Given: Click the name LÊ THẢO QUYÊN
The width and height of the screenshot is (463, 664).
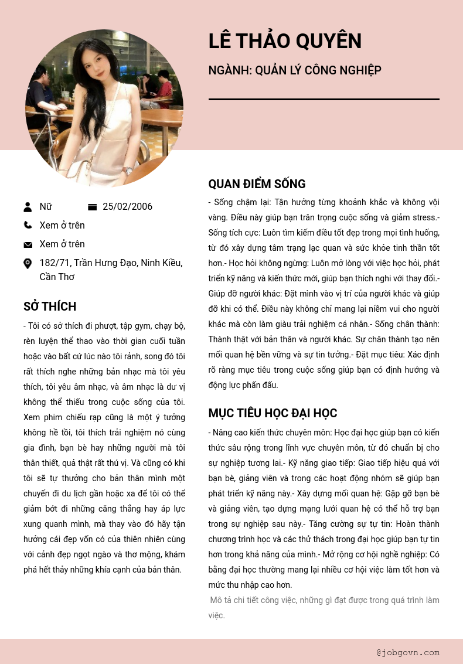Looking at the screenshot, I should point(285,42).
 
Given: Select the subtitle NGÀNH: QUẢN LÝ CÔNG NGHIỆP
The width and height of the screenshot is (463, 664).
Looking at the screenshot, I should point(295,71).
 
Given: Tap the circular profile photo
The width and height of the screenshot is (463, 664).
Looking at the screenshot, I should point(104,108).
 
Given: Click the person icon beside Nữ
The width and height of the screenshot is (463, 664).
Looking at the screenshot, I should point(28,207).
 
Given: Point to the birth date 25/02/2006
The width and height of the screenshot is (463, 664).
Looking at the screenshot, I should point(127,207).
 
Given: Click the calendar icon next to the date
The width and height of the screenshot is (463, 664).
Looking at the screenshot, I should point(92,207).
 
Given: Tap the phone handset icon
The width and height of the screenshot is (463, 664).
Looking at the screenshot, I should point(28,225).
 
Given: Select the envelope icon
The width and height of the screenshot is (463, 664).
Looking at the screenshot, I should point(28,244).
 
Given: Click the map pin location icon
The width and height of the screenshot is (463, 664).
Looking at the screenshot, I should point(28,264).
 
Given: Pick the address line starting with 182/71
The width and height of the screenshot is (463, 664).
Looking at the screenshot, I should point(111,263).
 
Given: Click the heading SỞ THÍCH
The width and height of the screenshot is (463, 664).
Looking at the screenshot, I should point(50,307).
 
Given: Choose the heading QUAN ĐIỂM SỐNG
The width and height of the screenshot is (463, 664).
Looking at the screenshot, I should point(257,184).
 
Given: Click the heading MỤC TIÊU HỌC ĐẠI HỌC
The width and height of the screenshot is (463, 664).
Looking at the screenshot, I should point(273,413).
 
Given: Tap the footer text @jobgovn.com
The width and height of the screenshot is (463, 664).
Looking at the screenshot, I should point(408,652).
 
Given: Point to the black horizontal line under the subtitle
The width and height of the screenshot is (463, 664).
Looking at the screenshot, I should point(324,100).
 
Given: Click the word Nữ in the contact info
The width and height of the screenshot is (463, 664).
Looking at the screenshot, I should point(46,207).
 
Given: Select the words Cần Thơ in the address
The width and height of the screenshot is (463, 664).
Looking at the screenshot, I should point(57,277).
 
